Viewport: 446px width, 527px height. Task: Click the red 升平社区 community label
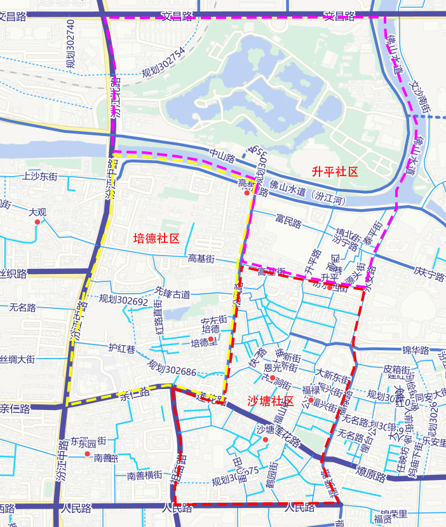coord(335,172)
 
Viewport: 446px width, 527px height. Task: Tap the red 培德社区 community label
coord(156,238)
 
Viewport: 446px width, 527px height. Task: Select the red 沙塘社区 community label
coord(269,401)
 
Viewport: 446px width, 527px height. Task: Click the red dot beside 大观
coord(37,222)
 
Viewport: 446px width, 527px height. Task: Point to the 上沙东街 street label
coord(39,176)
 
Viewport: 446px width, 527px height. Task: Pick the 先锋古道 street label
coord(172,294)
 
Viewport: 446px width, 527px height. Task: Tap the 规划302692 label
coord(123,299)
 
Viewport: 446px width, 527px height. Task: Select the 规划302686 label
coord(172,367)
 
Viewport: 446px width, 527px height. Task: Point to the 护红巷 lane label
coord(121,348)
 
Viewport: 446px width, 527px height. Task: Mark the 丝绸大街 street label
coord(17,360)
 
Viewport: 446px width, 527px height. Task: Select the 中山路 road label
coord(222,155)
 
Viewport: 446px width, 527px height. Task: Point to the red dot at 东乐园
coord(88,454)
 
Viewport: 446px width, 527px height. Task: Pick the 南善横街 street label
coord(144,476)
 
